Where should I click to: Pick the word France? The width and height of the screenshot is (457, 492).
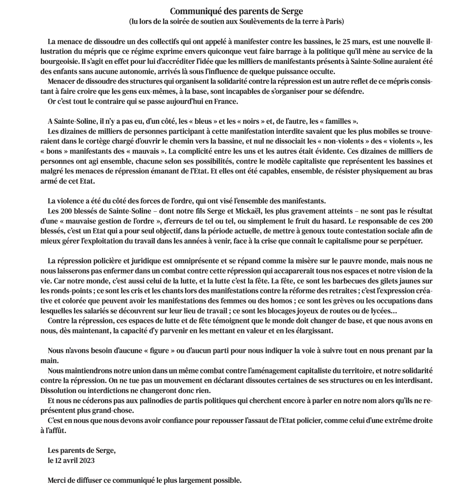226,101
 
